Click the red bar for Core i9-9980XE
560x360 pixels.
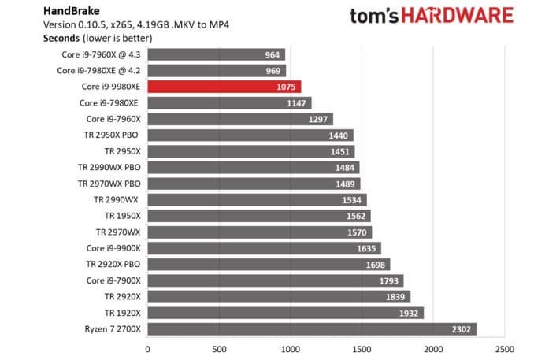[x=224, y=87]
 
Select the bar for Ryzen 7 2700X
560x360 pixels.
[x=311, y=328]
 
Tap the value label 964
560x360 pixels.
[x=273, y=54]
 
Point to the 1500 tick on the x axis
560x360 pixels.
[x=362, y=347]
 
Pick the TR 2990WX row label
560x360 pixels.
[x=116, y=199]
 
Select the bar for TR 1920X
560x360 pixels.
[x=285, y=313]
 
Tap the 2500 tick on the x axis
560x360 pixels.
[x=504, y=347]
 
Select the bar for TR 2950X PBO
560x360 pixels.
[x=250, y=135]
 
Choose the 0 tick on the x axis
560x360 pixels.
[x=147, y=347]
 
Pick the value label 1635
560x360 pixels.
[x=366, y=248]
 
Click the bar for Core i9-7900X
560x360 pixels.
[x=275, y=280]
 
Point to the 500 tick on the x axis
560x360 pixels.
[x=218, y=347]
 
